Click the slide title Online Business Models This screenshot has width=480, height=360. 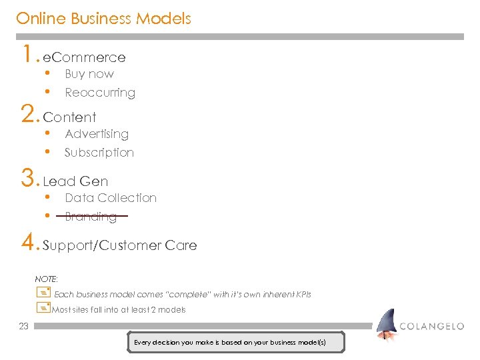103,19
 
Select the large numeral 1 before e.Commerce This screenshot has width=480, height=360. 27,53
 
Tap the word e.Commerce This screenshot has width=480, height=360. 84,58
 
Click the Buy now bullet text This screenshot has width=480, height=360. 89,74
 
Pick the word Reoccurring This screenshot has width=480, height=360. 100,93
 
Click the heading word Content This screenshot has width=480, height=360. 69,118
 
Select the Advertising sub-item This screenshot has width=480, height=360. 97,134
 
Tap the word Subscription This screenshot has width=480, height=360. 99,153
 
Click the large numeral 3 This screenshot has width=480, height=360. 29,177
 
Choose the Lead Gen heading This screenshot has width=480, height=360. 75,181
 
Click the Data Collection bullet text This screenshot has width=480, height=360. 111,198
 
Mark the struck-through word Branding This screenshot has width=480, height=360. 91,217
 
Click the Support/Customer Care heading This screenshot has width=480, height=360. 120,245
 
